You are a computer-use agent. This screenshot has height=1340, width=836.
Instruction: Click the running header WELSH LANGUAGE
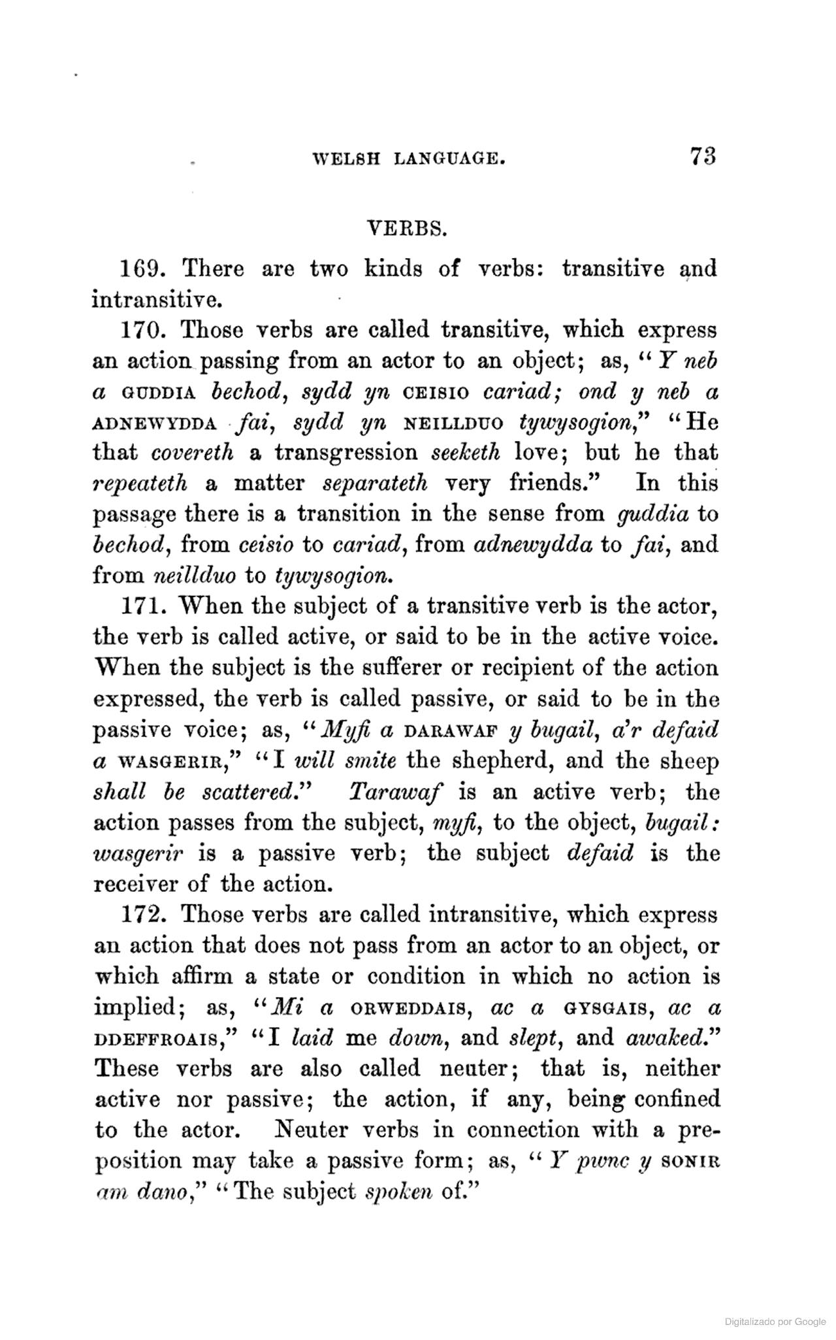[x=409, y=159]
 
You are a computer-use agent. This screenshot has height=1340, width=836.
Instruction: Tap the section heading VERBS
[x=408, y=229]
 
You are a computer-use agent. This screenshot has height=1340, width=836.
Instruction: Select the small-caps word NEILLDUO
[x=454, y=423]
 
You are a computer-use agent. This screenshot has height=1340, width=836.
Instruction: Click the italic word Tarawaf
[x=396, y=793]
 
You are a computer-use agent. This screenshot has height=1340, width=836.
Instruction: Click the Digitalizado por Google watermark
[x=775, y=1322]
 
